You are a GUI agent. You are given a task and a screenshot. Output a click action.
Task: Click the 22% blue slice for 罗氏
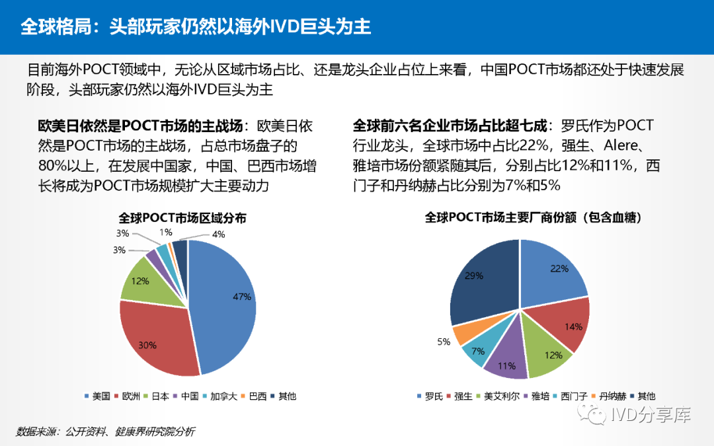click(552, 271)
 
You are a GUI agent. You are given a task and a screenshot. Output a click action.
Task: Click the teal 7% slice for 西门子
click(477, 350)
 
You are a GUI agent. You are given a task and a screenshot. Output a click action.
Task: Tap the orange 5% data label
click(444, 342)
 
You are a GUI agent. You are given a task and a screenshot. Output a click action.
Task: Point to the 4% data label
click(218, 234)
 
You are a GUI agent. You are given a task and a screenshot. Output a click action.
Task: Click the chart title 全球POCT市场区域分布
click(182, 217)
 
